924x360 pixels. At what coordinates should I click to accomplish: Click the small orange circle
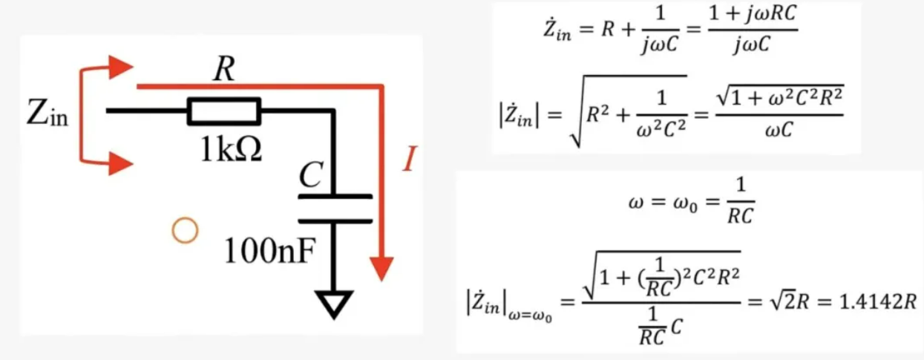coord(185,231)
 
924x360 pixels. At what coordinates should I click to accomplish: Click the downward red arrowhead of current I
coord(382,268)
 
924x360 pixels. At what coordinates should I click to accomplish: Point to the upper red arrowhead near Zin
coord(120,67)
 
